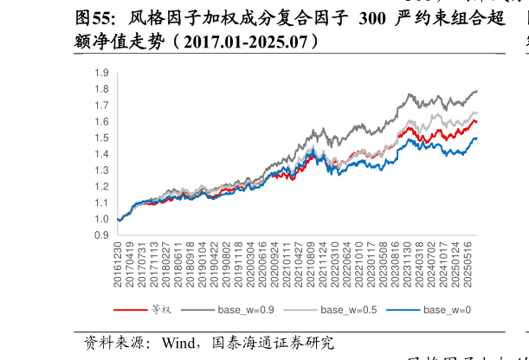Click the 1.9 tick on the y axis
point(101,74)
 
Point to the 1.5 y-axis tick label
point(101,138)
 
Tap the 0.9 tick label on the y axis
point(101,235)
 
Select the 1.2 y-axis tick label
point(101,187)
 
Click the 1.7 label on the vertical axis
point(101,106)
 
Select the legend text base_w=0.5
point(349,310)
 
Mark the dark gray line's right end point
point(477,91)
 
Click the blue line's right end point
point(477,138)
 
